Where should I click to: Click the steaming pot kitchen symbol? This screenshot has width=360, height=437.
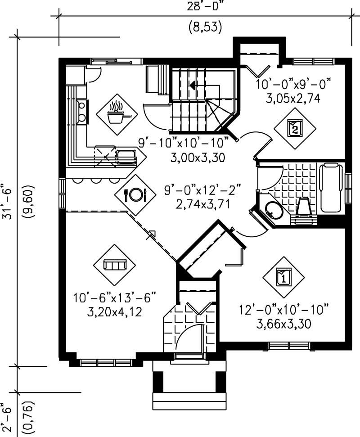pos(117,115)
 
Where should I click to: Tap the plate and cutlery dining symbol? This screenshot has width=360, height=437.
pos(135,194)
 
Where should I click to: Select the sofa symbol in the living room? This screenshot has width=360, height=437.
pos(114,265)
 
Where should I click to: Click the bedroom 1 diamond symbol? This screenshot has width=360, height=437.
pos(283,277)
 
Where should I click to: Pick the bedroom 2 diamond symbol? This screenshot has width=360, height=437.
pos(295,128)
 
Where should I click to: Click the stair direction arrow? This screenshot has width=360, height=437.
pos(193,85)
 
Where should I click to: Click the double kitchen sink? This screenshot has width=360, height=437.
pos(82,112)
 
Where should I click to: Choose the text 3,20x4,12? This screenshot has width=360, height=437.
pos(114,311)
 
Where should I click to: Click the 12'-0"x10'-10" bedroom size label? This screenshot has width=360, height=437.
pos(284,310)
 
